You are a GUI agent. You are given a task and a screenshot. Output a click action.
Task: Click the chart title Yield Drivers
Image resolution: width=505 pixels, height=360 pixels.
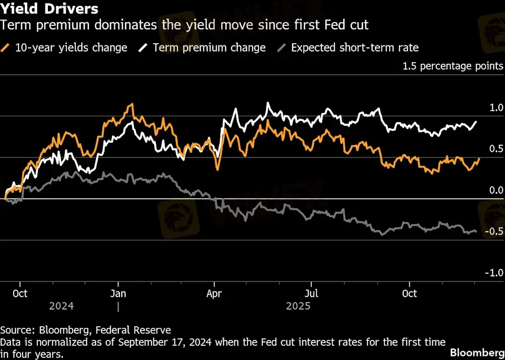pyautogui.click(x=49, y=9)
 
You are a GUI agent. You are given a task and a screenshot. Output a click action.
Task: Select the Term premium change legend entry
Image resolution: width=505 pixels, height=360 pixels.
pyautogui.click(x=202, y=47)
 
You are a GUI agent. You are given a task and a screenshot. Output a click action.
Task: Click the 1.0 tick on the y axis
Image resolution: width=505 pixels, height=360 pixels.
pyautogui.click(x=497, y=108)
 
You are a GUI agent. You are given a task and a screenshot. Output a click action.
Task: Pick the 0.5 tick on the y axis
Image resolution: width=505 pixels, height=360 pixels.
pyautogui.click(x=497, y=149)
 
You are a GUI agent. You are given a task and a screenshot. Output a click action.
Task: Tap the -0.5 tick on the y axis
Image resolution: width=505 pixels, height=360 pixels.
pyautogui.click(x=495, y=232)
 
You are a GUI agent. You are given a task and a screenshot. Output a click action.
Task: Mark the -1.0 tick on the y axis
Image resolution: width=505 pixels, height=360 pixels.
pyautogui.click(x=495, y=273)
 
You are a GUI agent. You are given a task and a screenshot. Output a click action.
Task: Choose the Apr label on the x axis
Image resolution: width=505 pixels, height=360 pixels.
pyautogui.click(x=214, y=293)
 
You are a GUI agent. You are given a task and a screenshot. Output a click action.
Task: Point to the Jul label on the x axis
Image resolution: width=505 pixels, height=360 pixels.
pyautogui.click(x=312, y=293)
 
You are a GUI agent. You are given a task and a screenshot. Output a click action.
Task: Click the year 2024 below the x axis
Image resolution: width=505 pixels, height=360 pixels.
pyautogui.click(x=62, y=306)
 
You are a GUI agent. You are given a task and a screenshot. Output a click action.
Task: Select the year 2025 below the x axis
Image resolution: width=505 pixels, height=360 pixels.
pyautogui.click(x=298, y=306)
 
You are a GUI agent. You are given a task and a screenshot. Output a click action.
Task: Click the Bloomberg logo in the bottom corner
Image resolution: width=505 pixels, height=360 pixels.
pyautogui.click(x=477, y=352)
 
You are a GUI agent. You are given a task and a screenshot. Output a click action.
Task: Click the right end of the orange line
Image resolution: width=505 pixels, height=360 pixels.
pyautogui.click(x=480, y=159)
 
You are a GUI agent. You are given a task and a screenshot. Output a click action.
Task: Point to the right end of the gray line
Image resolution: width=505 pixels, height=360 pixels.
pyautogui.click(x=477, y=231)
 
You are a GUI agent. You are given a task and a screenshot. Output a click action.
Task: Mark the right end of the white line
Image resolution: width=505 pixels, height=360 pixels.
pyautogui.click(x=477, y=122)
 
